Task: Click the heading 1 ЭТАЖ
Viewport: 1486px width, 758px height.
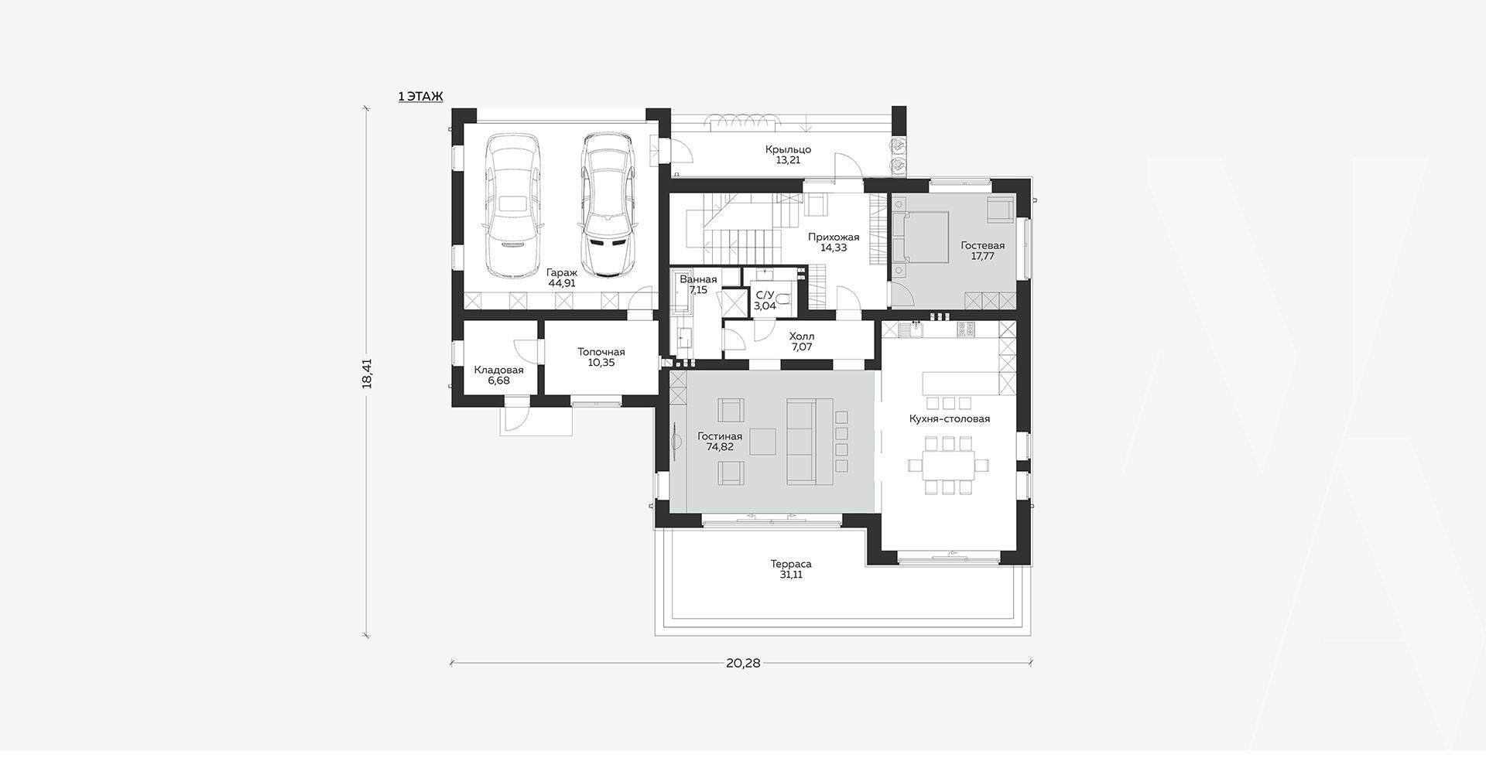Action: coord(420,97)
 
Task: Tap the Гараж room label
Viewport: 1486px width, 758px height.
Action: coord(561,272)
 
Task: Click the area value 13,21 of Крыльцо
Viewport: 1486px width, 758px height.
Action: coord(788,161)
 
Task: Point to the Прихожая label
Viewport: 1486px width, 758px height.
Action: coord(834,237)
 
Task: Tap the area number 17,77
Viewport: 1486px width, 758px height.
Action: coord(983,256)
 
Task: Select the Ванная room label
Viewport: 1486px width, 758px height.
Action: coord(698,279)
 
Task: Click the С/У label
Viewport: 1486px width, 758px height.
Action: coord(765,295)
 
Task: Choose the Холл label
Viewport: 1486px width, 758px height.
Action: coord(802,336)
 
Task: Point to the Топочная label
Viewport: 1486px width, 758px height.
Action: coord(601,352)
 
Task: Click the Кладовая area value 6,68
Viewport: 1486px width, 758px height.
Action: coord(499,381)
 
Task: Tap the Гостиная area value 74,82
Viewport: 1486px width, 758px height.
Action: coord(720,447)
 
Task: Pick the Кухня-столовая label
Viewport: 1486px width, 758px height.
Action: coord(950,418)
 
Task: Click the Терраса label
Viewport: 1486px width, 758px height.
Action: coord(791,564)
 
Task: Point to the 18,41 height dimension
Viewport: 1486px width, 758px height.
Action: coord(367,373)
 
